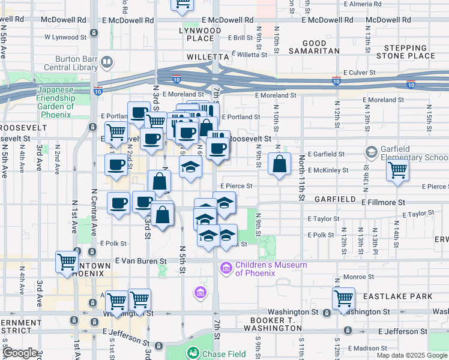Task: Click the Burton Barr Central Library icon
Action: (106, 62)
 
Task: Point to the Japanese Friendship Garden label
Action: (55, 98)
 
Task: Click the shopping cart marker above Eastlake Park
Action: (344, 298)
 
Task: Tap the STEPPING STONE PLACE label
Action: (405, 52)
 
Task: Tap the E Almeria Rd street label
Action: (361, 4)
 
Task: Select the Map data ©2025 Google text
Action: (412, 355)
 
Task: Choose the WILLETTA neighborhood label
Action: (208, 57)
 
